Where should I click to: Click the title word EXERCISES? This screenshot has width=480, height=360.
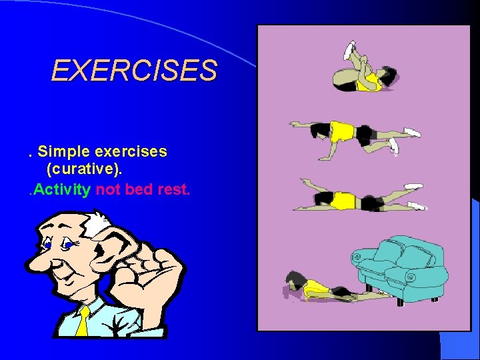point(134,70)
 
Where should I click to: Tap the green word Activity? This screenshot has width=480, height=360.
point(62,189)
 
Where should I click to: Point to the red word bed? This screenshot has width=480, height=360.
point(139,189)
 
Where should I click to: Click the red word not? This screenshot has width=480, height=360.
point(108,189)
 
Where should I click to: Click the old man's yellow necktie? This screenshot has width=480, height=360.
point(82,321)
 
